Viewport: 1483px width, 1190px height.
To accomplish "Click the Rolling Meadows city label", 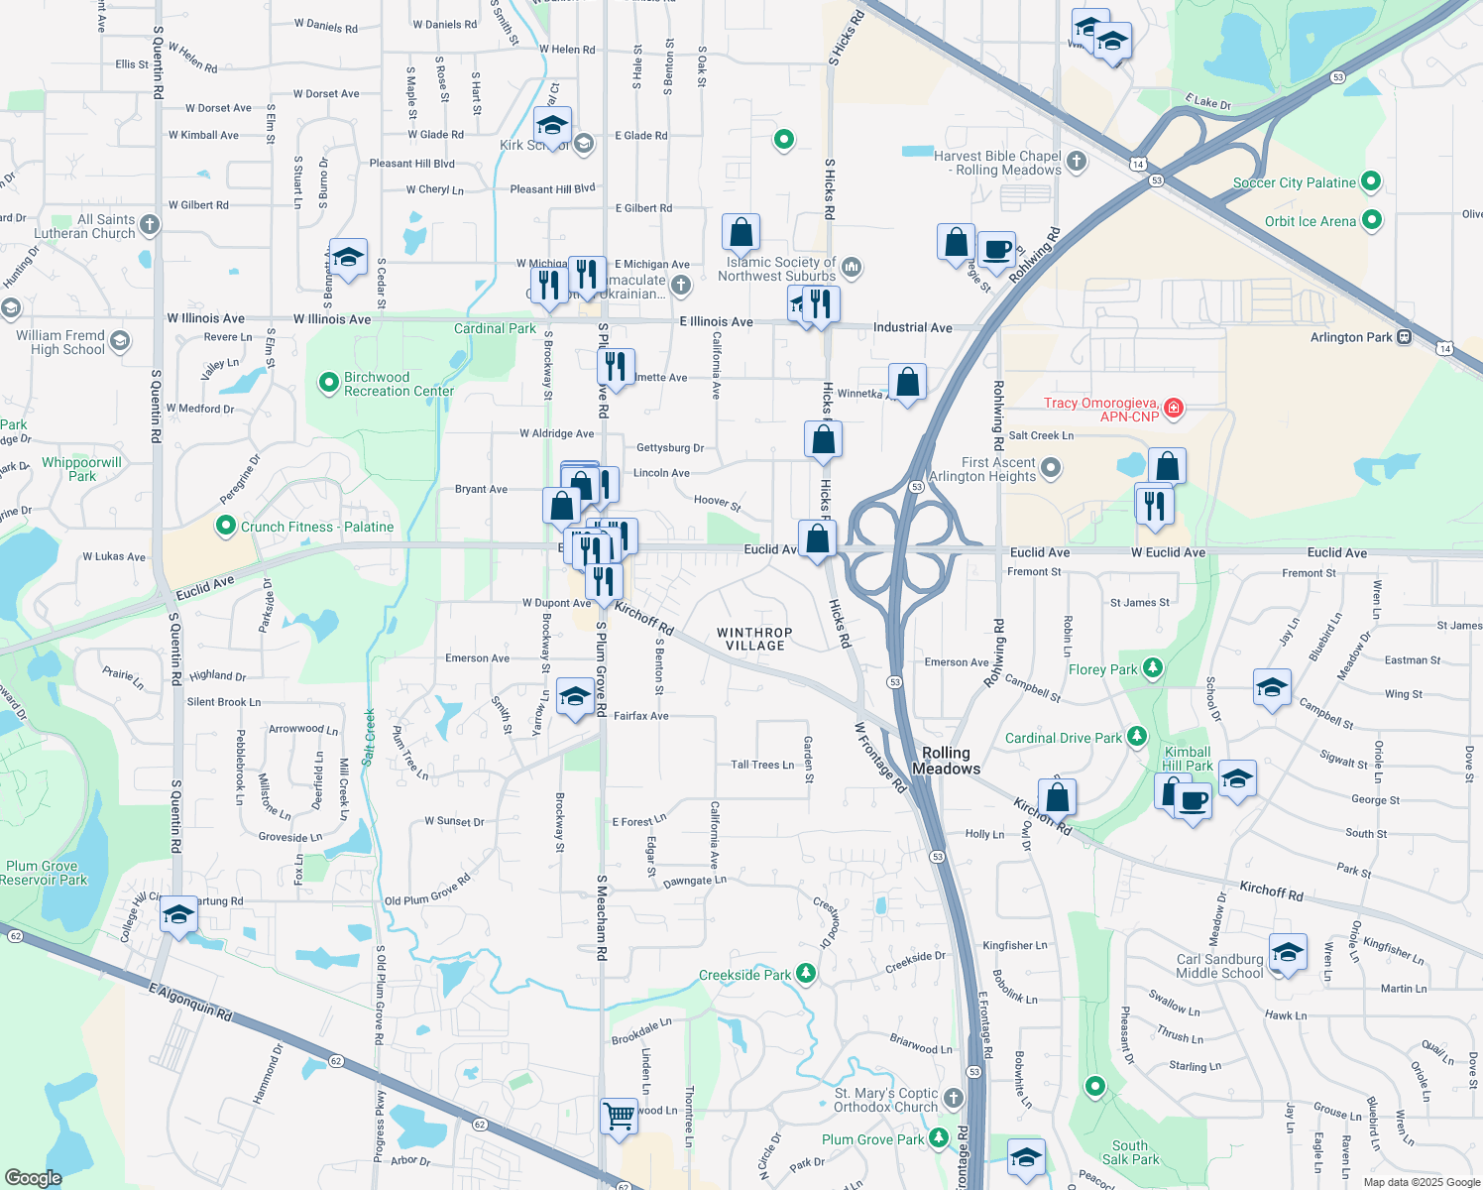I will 946,761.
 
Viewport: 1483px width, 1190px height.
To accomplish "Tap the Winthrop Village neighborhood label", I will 754,639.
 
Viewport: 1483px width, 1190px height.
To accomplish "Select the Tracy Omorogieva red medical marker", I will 1174,408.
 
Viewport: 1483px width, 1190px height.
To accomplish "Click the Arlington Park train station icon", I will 1404,337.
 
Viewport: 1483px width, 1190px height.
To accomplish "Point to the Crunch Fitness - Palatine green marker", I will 226,526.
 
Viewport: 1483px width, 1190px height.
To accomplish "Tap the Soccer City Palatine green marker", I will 1371,181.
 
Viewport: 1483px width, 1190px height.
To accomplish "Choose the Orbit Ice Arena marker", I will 1371,220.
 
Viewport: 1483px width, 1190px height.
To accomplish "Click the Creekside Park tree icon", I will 806,974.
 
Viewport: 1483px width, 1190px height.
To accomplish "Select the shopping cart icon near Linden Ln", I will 620,1116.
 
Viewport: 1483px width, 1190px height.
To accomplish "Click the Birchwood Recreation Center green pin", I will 329,383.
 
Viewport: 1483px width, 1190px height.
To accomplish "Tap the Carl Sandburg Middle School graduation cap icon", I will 1287,953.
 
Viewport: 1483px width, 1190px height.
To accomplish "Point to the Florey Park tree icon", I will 1152,668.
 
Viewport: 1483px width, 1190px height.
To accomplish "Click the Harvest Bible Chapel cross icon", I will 1077,161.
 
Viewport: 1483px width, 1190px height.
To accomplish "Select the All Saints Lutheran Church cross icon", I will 150,225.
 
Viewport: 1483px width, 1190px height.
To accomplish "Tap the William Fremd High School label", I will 60,342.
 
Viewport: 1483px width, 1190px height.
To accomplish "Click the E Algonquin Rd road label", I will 190,1002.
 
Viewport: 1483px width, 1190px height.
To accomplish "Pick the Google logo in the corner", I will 33,1177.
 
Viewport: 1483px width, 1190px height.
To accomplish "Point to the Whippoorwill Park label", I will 81,469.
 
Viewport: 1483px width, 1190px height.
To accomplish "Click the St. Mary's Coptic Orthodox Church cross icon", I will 953,1098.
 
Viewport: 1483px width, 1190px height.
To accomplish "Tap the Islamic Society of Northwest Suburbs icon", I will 852,268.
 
